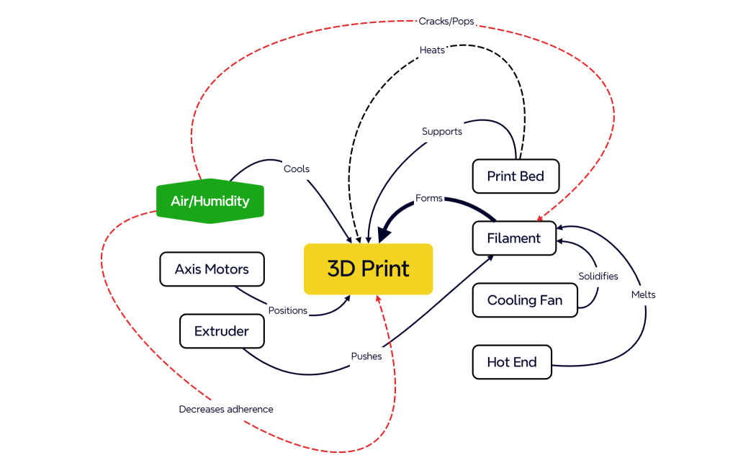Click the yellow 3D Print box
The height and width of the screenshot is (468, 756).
[x=368, y=269]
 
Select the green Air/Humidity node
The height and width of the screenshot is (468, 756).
[x=210, y=201]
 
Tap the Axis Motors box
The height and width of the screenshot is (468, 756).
[x=212, y=269]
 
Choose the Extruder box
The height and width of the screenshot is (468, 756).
[x=222, y=331]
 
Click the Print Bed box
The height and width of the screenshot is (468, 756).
[x=516, y=176]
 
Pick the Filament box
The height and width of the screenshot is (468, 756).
[x=514, y=238]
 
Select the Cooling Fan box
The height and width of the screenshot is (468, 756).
[x=525, y=300]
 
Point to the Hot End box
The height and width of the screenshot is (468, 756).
[x=512, y=362]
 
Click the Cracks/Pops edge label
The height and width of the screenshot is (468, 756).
[x=446, y=21]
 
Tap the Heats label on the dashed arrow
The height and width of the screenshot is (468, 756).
[x=432, y=50]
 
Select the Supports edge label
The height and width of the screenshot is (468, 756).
[x=442, y=132]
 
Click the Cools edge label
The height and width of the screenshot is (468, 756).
[x=297, y=169]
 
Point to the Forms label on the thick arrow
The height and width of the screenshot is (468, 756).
[x=429, y=198]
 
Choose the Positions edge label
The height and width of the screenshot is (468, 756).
[x=288, y=310]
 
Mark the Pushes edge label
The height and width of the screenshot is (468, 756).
[x=366, y=356]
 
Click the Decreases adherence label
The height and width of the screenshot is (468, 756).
[x=226, y=409]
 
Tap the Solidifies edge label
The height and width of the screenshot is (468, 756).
[x=598, y=276]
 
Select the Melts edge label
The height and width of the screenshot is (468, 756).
[x=643, y=294]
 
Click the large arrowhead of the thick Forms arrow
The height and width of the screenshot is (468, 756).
[x=384, y=233]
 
